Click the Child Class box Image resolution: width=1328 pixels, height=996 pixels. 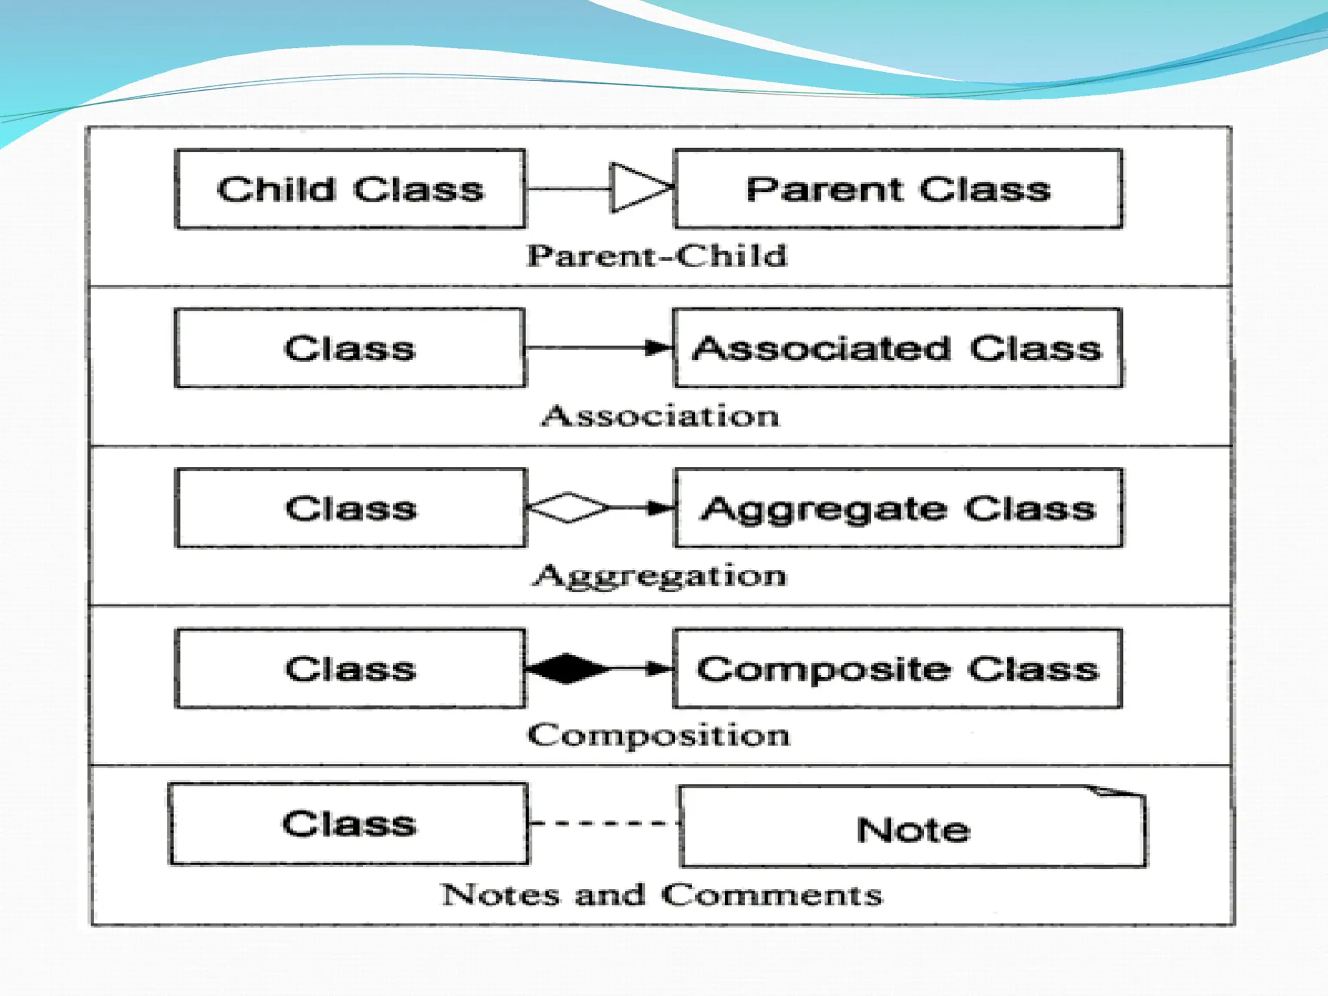click(x=350, y=189)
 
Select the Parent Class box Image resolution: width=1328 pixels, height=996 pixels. click(x=898, y=189)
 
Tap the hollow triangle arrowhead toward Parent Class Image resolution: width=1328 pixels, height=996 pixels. click(x=638, y=188)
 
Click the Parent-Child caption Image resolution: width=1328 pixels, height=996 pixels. click(x=657, y=255)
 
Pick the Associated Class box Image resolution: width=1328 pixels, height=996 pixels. click(x=898, y=348)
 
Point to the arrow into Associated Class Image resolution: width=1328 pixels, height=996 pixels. click(x=659, y=348)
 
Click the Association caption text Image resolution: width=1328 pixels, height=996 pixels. click(x=661, y=416)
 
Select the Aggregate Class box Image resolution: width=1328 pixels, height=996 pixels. click(x=899, y=508)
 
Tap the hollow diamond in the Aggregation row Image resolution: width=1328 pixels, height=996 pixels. click(x=568, y=508)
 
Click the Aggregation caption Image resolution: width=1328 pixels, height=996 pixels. click(x=659, y=576)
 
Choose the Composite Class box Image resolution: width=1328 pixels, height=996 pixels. click(x=898, y=669)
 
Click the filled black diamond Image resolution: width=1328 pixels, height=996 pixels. click(x=567, y=669)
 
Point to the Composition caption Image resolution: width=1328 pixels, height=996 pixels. click(x=659, y=735)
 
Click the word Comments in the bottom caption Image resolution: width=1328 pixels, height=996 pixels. click(x=772, y=895)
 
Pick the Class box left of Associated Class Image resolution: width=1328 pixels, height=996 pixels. click(x=350, y=348)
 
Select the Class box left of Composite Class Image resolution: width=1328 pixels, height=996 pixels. click(x=350, y=669)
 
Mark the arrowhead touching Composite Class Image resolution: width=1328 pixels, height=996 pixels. click(x=660, y=669)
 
